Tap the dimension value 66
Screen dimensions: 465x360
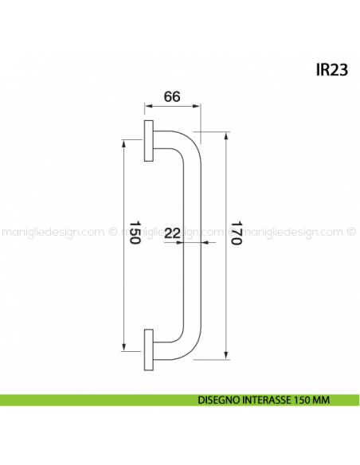tap(172, 96)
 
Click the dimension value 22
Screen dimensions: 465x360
tap(173, 233)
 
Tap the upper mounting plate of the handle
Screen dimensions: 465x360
tap(149, 141)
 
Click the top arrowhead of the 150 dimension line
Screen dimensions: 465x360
tap(123, 144)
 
